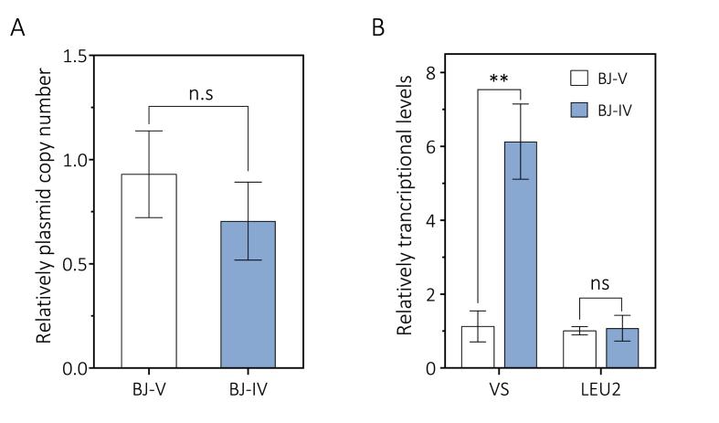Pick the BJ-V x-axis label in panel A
(148, 388)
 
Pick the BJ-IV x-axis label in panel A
(248, 388)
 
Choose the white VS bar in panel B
(479, 347)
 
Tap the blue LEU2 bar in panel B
(623, 348)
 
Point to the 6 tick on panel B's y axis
(442, 146)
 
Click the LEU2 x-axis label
(602, 388)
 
